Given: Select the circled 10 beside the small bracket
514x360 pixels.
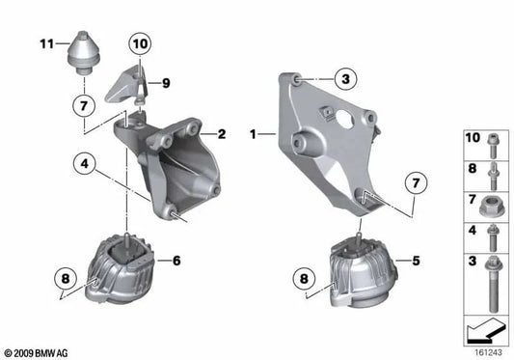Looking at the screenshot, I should click(141, 43).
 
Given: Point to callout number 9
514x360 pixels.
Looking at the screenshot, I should click(167, 84).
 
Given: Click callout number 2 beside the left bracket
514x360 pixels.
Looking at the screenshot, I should click(221, 134).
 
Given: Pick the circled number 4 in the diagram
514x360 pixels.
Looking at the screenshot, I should click(87, 166).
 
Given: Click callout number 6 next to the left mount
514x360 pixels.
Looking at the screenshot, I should click(176, 260).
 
